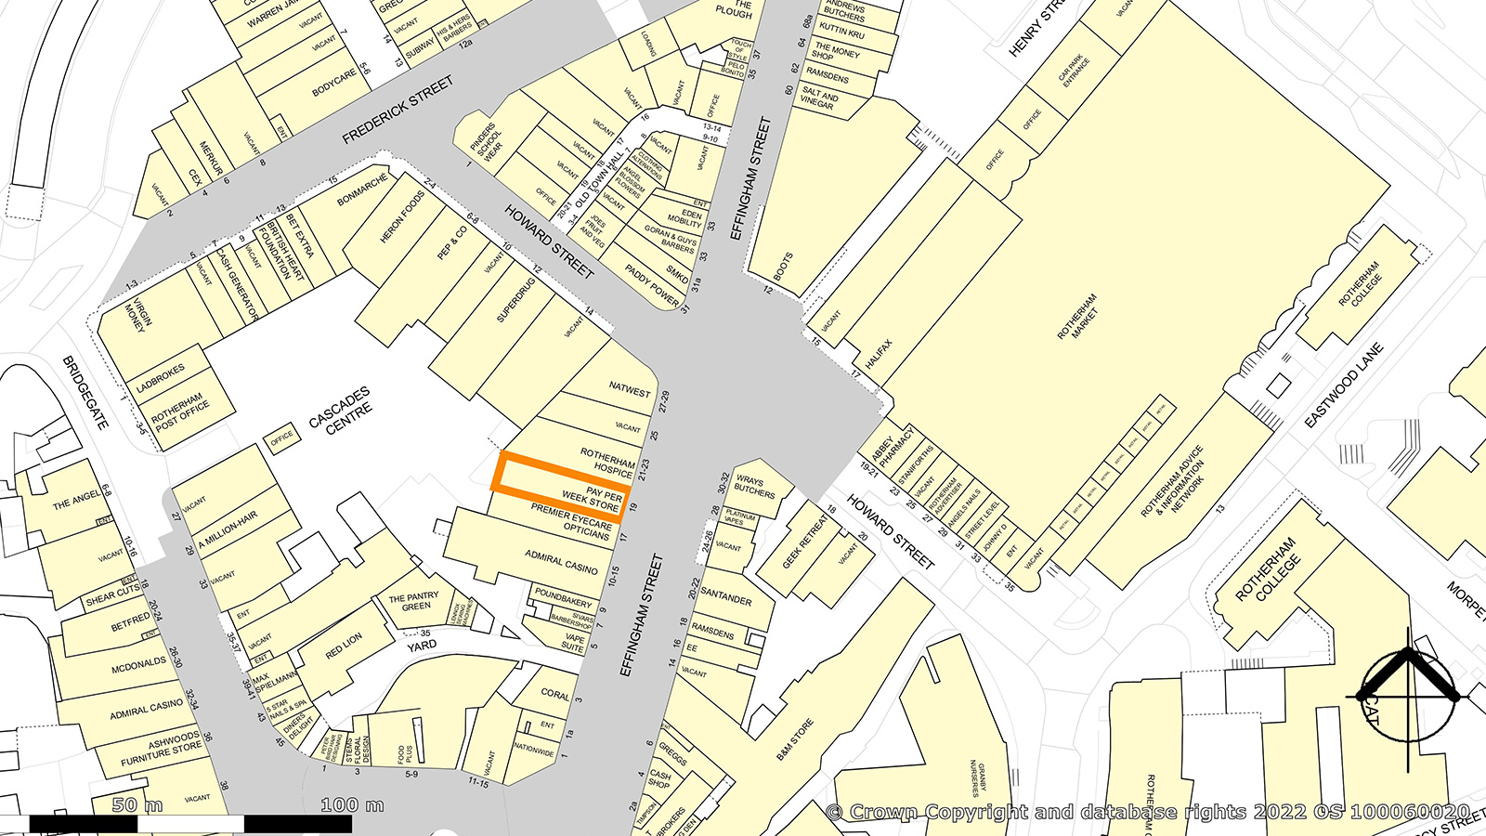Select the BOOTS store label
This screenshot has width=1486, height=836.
(784, 267)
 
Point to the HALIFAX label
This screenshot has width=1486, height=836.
(879, 356)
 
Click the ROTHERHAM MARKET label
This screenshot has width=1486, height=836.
(1077, 316)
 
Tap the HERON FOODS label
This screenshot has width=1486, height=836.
(402, 218)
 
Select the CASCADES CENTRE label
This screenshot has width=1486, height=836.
(340, 411)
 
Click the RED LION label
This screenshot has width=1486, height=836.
(344, 647)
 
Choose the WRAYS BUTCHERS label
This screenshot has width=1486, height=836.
(754, 486)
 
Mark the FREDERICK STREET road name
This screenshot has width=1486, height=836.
(398, 111)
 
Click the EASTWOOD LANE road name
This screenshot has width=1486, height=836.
(1344, 385)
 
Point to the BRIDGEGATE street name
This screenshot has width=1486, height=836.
(85, 392)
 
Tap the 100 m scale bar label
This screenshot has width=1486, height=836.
(352, 805)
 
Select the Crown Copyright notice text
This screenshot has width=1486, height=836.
(1148, 812)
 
